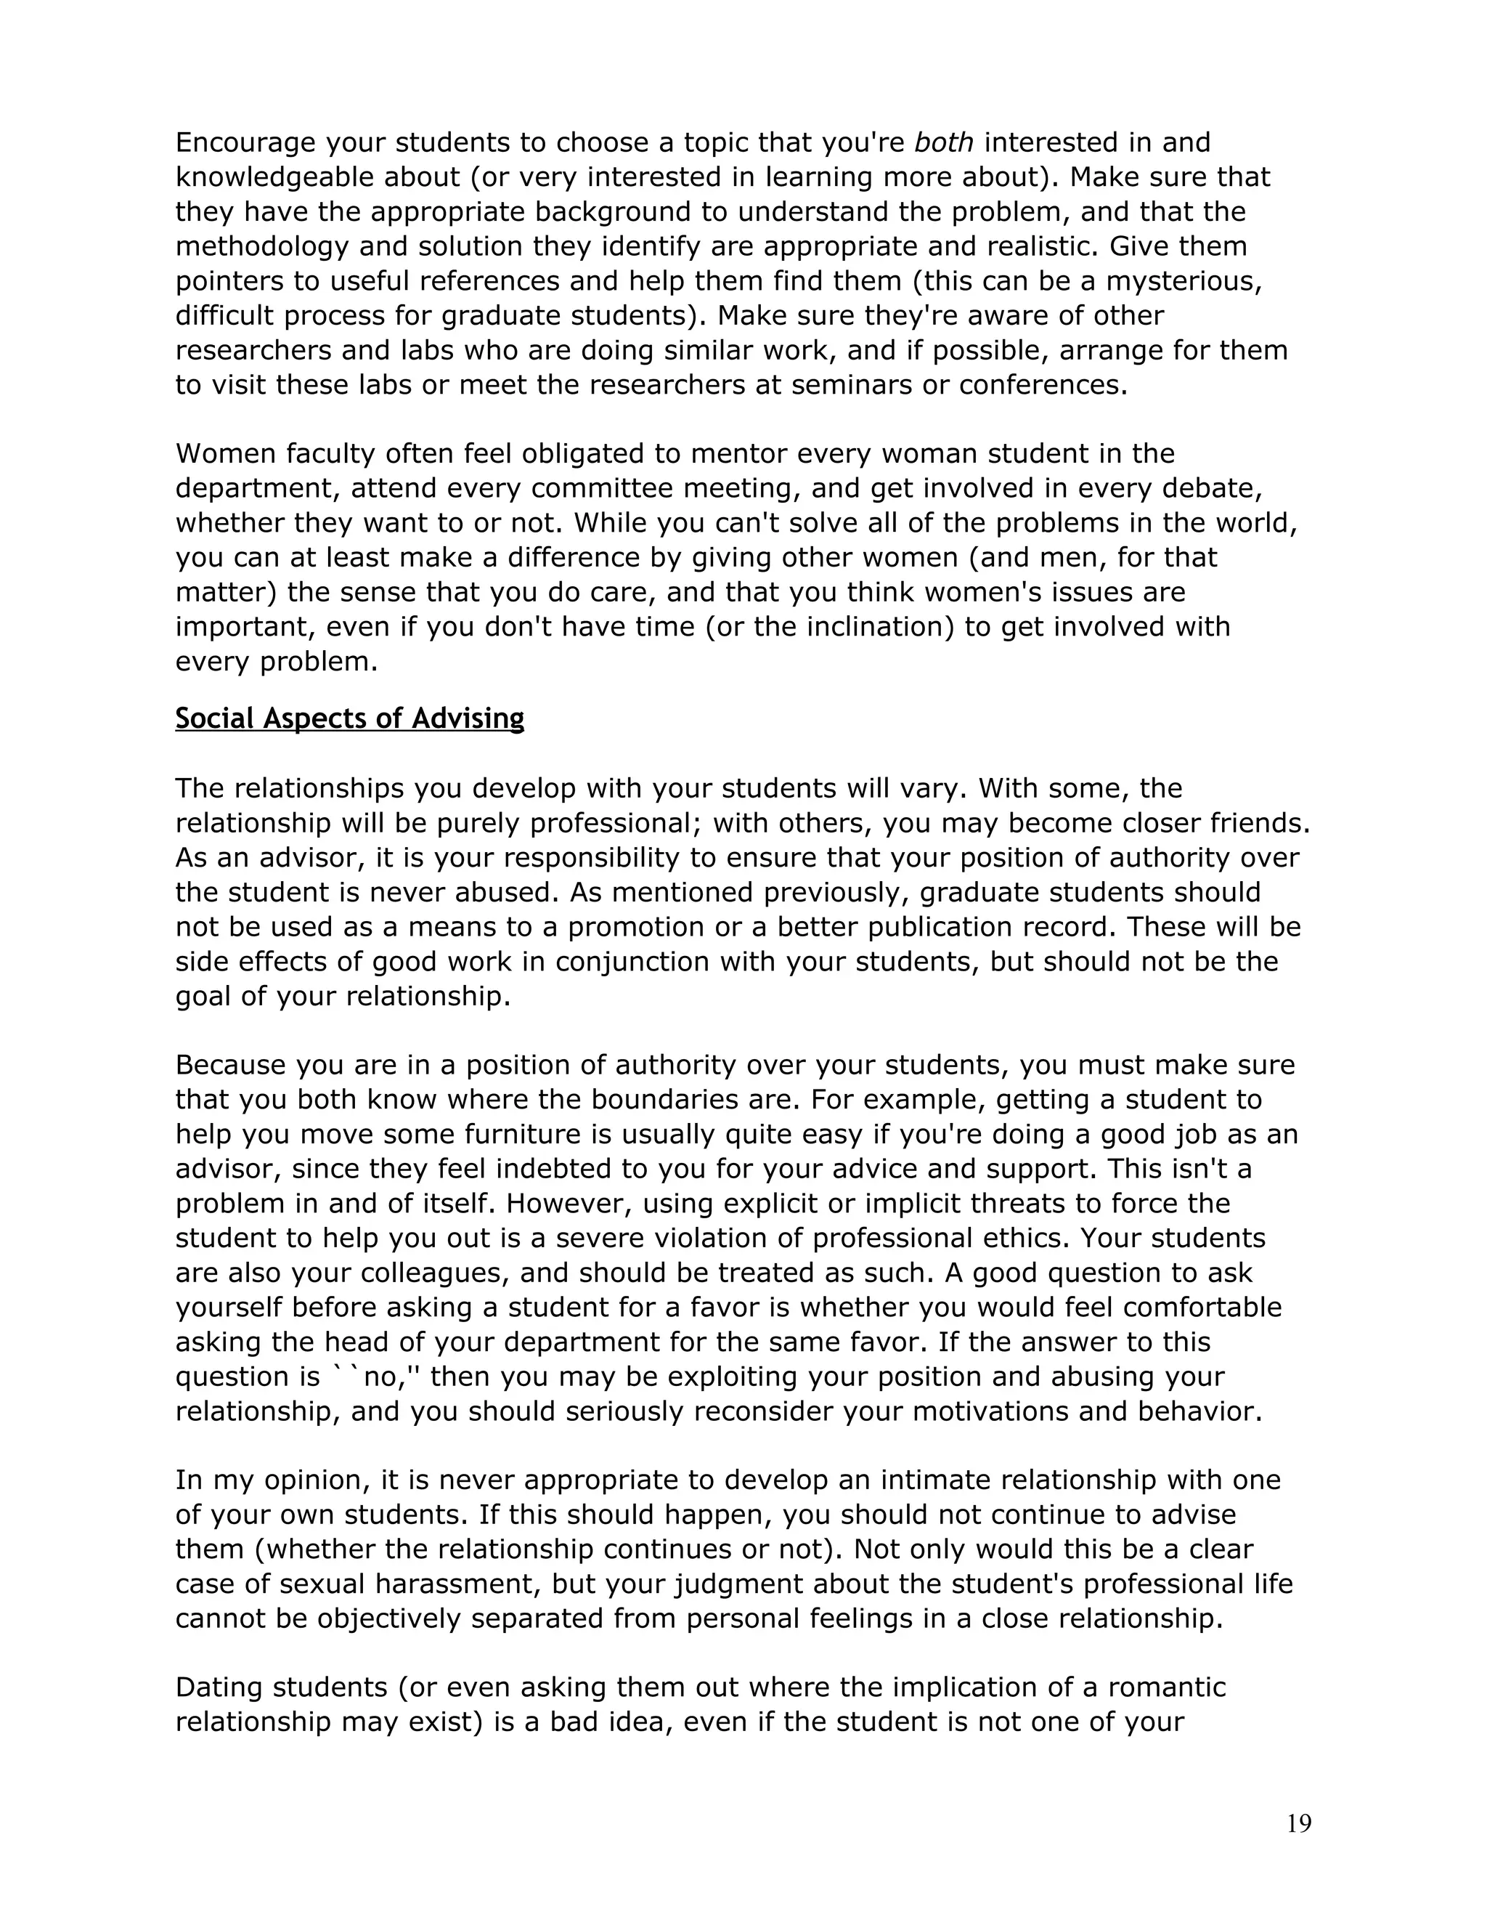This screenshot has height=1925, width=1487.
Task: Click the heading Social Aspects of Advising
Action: (350, 719)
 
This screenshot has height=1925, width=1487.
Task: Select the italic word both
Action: (945, 143)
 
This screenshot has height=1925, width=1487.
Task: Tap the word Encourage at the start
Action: (245, 143)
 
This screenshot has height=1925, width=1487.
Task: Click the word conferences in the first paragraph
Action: (1041, 385)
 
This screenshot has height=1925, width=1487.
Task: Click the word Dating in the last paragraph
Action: (219, 1688)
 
